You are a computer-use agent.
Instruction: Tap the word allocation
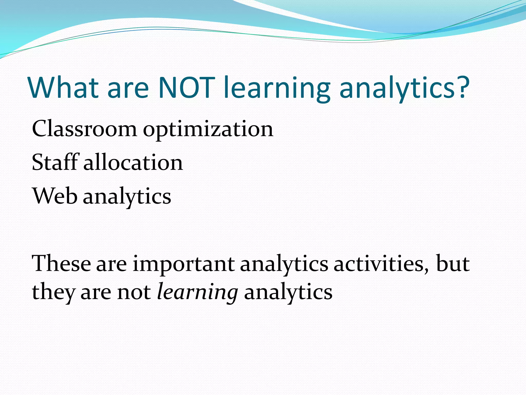(x=133, y=163)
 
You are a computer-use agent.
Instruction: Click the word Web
(x=54, y=196)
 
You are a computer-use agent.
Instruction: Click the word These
(x=61, y=264)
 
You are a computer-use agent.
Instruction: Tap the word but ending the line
(x=453, y=264)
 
